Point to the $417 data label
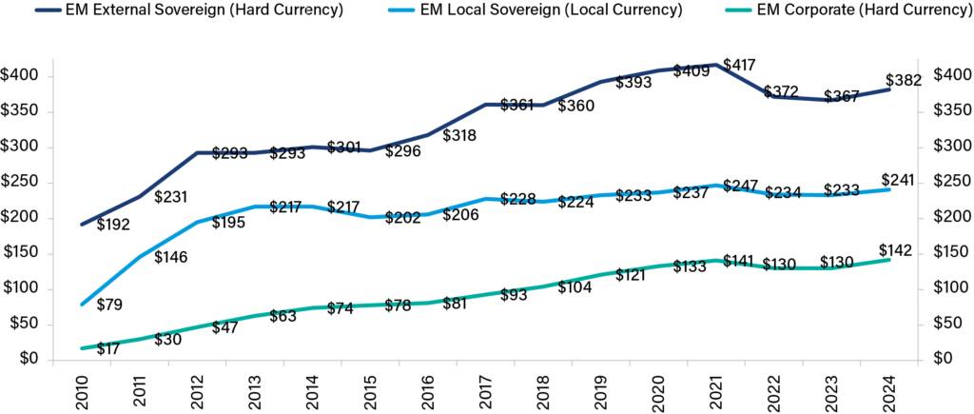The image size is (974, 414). [742, 66]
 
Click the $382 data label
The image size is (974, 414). [903, 81]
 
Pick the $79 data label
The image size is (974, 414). [111, 306]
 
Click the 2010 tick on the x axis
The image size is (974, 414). [84, 390]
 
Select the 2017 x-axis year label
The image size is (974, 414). [488, 390]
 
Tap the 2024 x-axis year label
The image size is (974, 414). [891, 390]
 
